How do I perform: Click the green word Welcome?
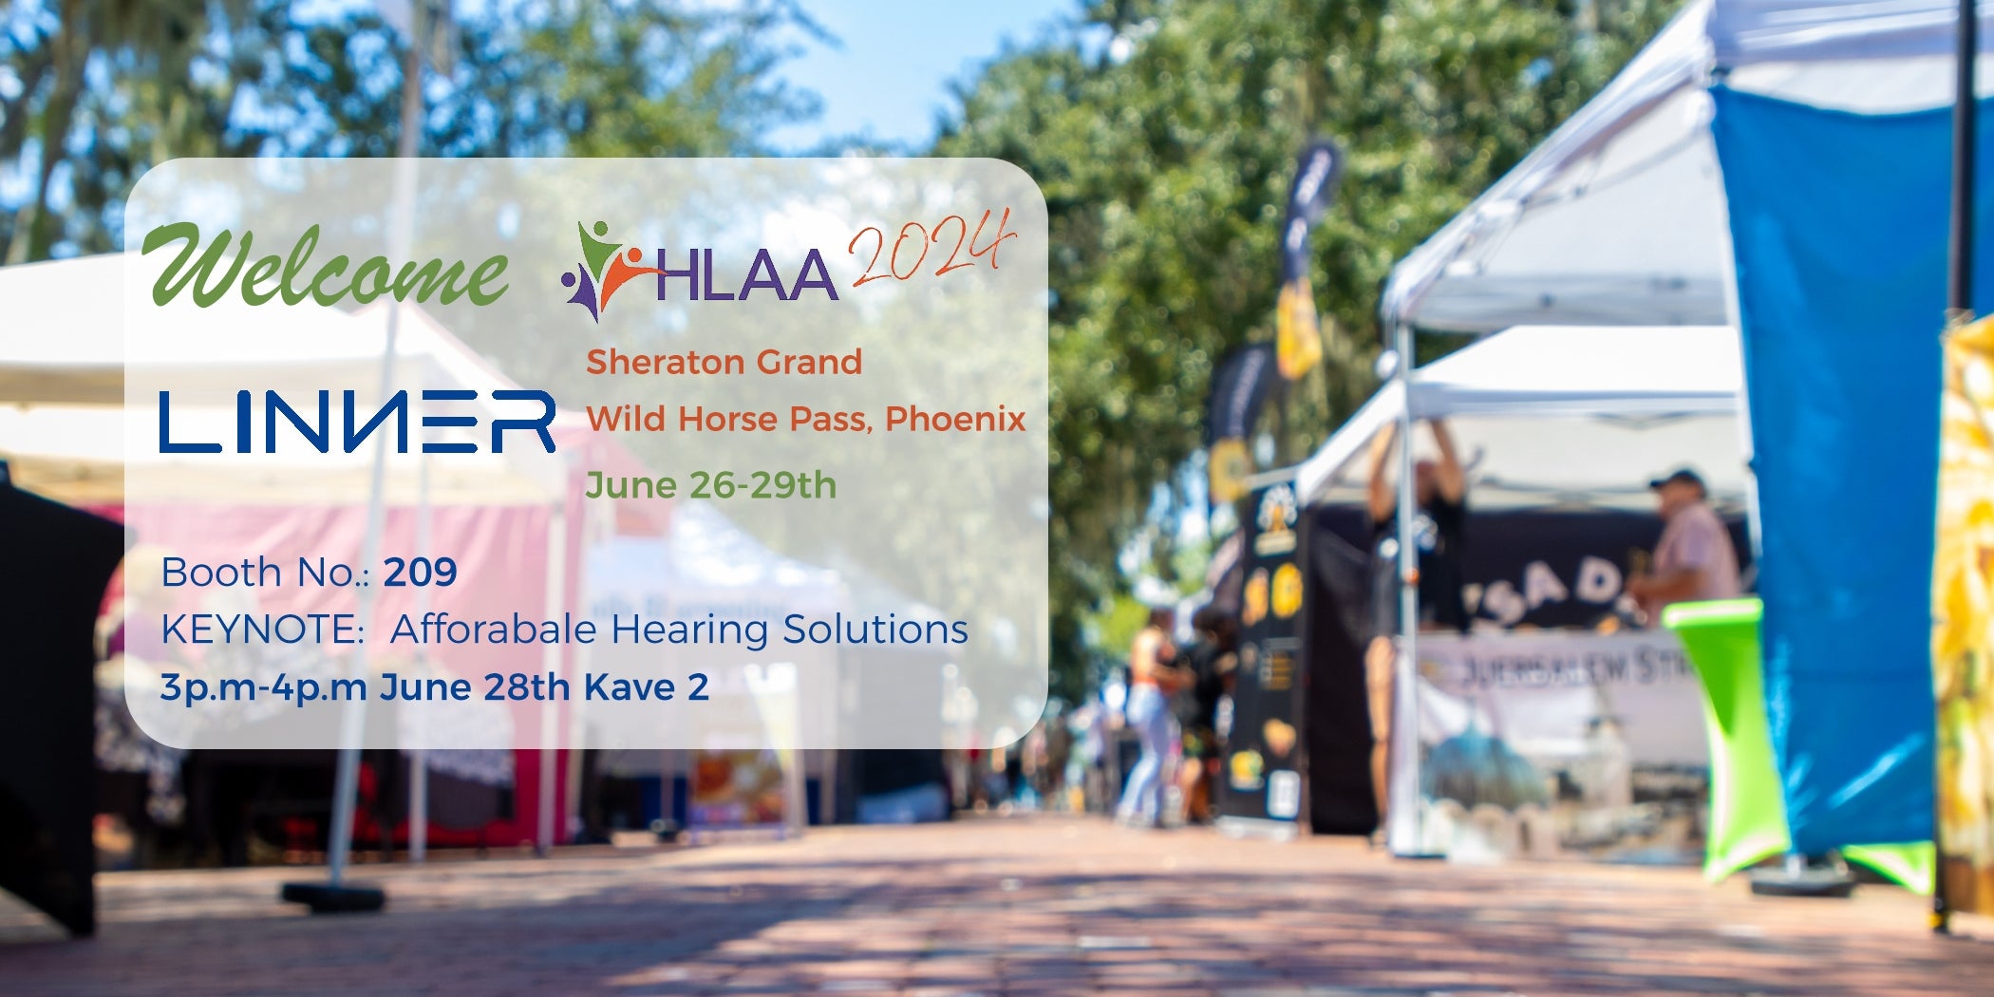325,267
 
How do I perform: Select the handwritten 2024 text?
931,249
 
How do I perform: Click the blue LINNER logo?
357,421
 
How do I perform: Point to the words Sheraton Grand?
724,362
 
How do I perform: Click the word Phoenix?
955,419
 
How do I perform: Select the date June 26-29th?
710,485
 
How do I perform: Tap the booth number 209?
420,573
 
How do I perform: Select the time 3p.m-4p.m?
263,687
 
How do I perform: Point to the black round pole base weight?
332,895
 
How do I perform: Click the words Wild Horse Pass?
728,419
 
